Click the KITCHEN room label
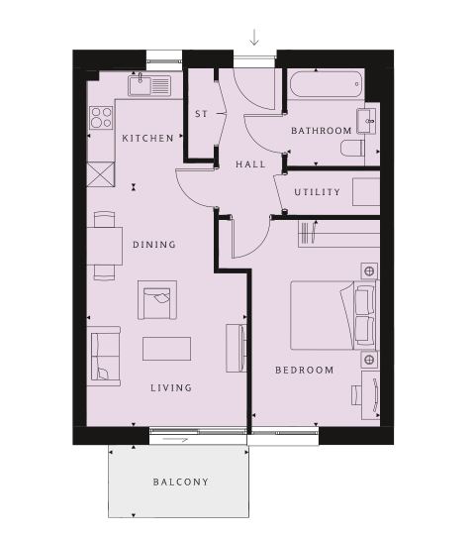[x=147, y=139]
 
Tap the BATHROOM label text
[x=321, y=131]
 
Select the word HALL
[x=250, y=164]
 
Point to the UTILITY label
[x=318, y=192]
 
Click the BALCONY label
[x=181, y=483]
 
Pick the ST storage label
[x=202, y=114]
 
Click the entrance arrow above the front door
[x=254, y=38]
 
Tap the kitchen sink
[x=149, y=85]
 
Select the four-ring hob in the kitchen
[x=101, y=118]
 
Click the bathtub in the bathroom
[x=326, y=84]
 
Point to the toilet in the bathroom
[x=352, y=148]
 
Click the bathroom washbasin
[x=366, y=121]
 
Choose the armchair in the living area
[x=157, y=300]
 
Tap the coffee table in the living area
[x=166, y=349]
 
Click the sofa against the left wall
[x=103, y=356]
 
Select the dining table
[x=105, y=246]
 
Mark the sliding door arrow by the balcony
[x=175, y=440]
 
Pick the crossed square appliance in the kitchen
[x=101, y=174]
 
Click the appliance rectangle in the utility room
[x=366, y=192]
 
